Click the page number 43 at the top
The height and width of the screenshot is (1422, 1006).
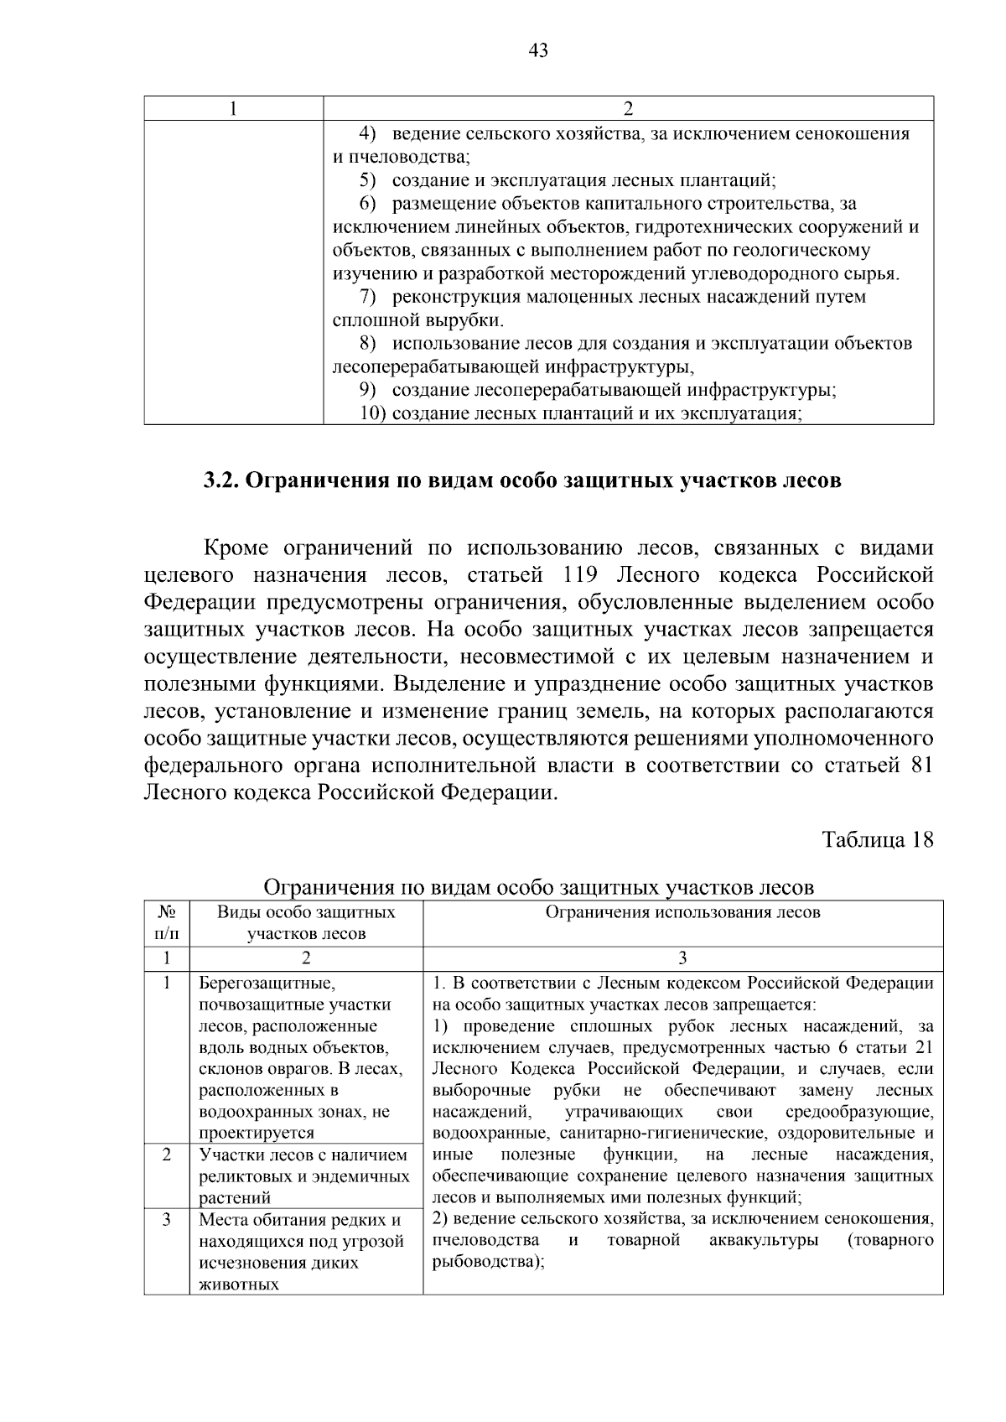(x=538, y=51)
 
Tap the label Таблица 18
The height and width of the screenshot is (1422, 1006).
(x=877, y=840)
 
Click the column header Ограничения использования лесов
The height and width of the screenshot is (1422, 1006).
(x=682, y=913)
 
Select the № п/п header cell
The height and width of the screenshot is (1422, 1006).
(x=167, y=923)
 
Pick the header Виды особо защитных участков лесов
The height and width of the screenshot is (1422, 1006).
(x=306, y=923)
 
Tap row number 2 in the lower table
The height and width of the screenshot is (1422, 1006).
(x=167, y=1155)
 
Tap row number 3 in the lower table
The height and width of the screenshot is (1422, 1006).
(x=167, y=1220)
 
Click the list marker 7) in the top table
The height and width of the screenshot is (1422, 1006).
(x=366, y=297)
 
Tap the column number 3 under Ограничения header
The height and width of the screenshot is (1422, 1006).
(x=682, y=958)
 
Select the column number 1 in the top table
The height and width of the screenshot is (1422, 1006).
(x=234, y=109)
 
